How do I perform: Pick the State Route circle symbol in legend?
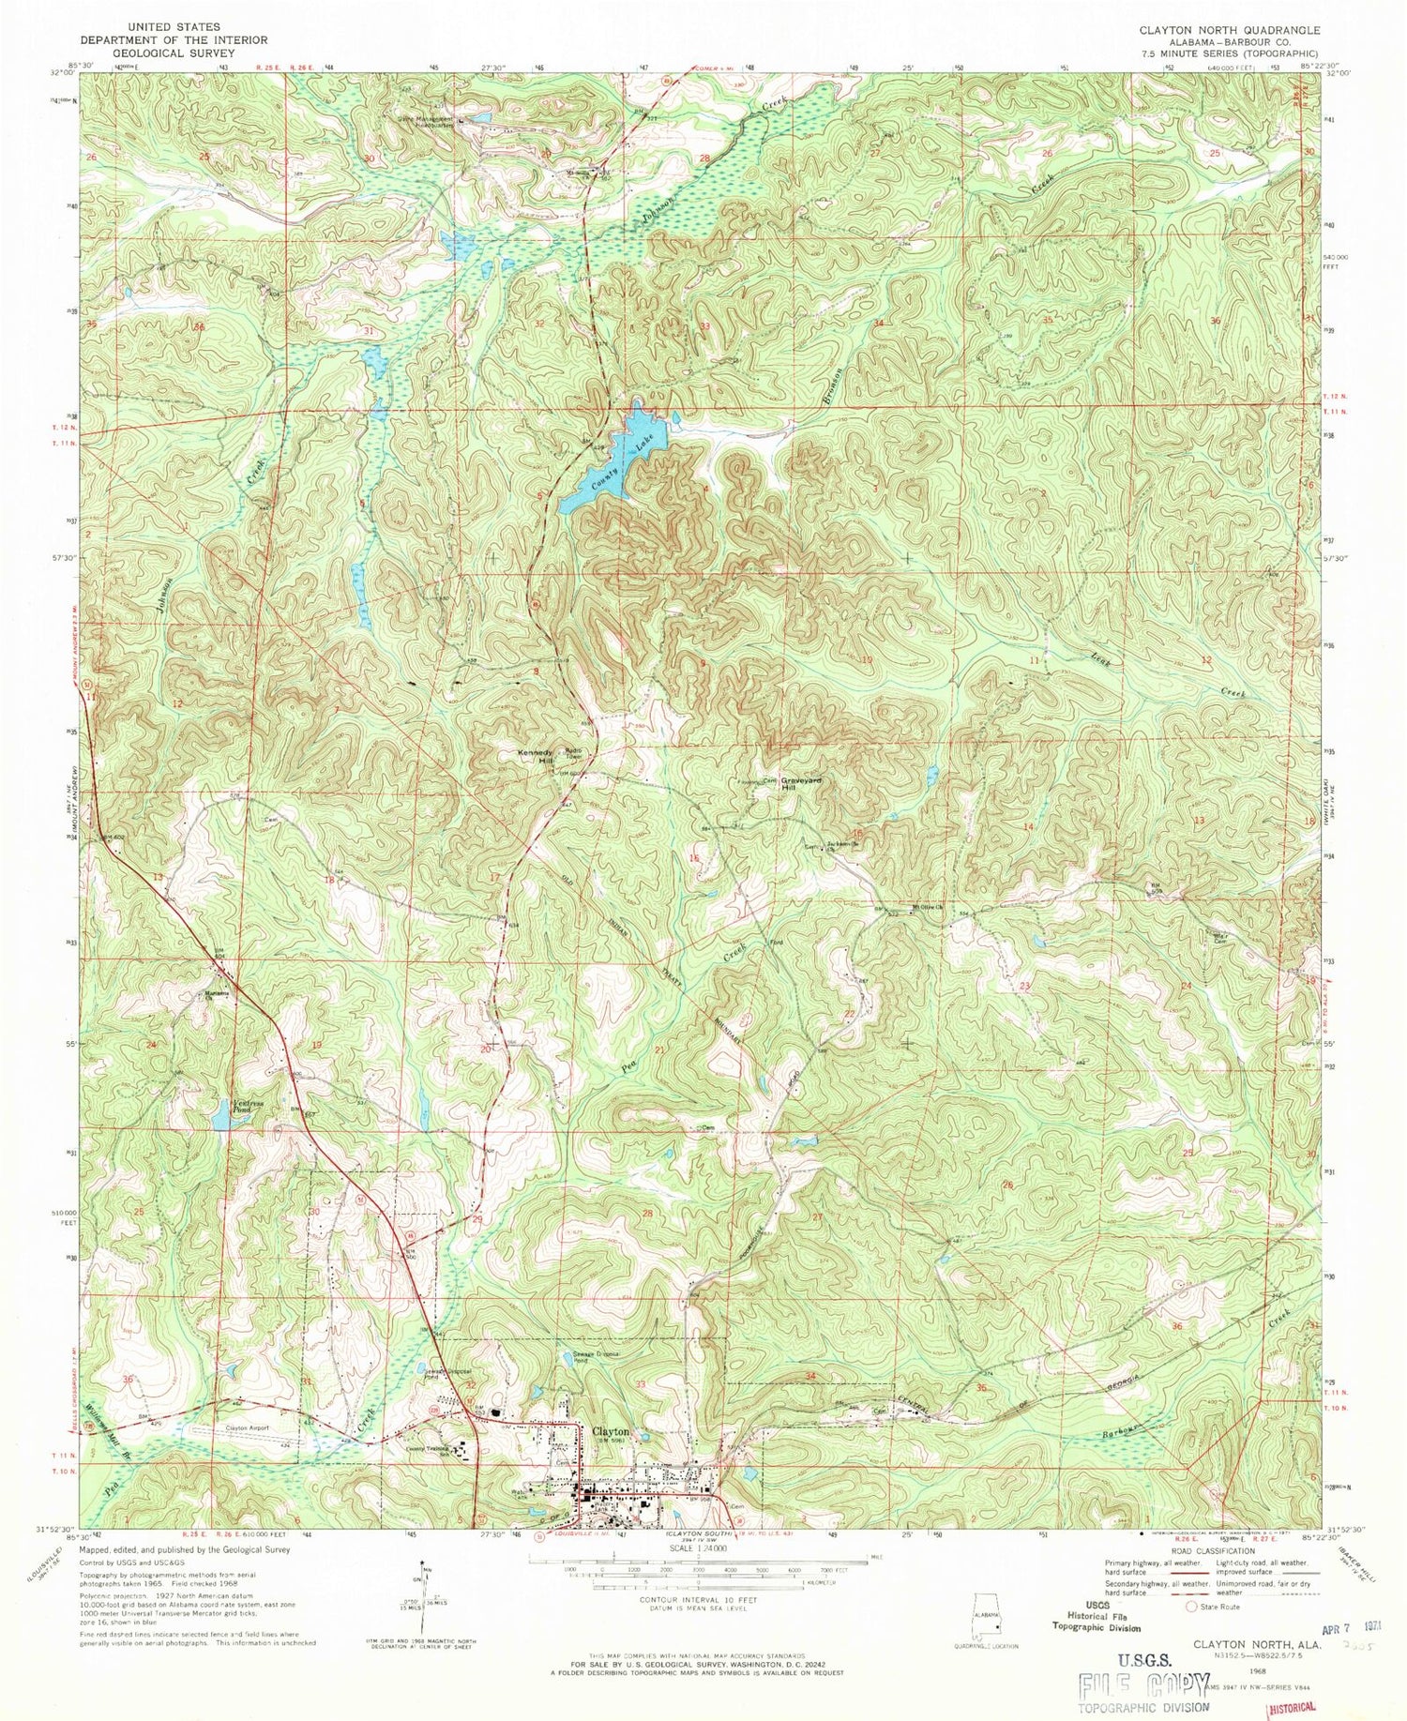(x=1193, y=1606)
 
